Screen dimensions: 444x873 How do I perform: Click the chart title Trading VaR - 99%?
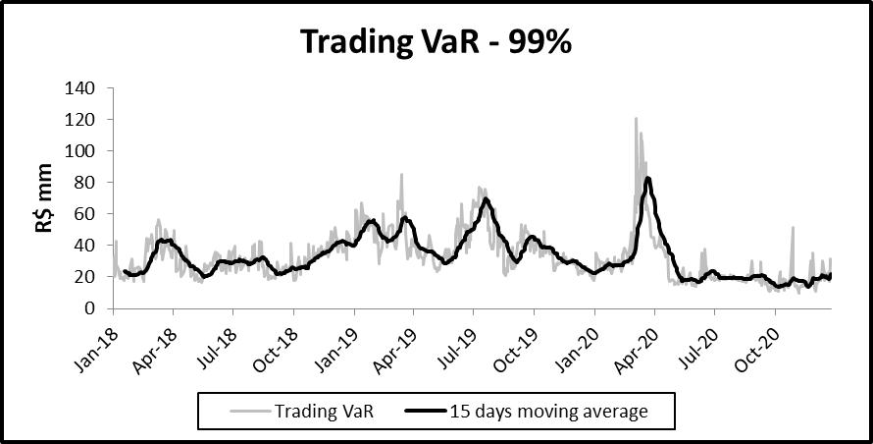[x=436, y=42]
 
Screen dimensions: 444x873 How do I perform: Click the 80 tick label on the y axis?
[x=85, y=183]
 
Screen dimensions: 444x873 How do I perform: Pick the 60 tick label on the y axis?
[x=85, y=214]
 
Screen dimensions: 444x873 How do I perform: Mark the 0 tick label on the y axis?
[x=89, y=308]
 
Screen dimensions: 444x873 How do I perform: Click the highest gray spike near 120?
[x=636, y=120]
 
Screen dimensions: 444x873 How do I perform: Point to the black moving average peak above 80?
[x=647, y=179]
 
